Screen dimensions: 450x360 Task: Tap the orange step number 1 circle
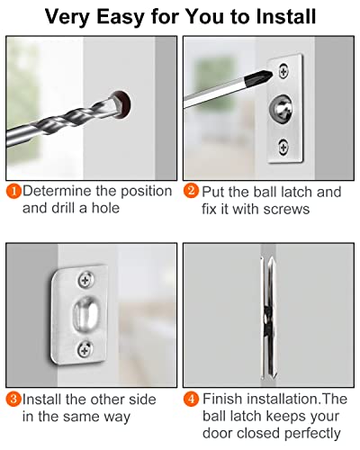(14, 191)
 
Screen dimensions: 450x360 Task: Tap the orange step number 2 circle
(193, 191)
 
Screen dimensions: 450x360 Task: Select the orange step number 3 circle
(14, 399)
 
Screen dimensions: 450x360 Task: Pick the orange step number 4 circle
(193, 399)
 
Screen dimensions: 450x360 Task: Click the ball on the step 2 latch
(283, 107)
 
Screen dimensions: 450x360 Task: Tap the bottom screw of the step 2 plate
(287, 144)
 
